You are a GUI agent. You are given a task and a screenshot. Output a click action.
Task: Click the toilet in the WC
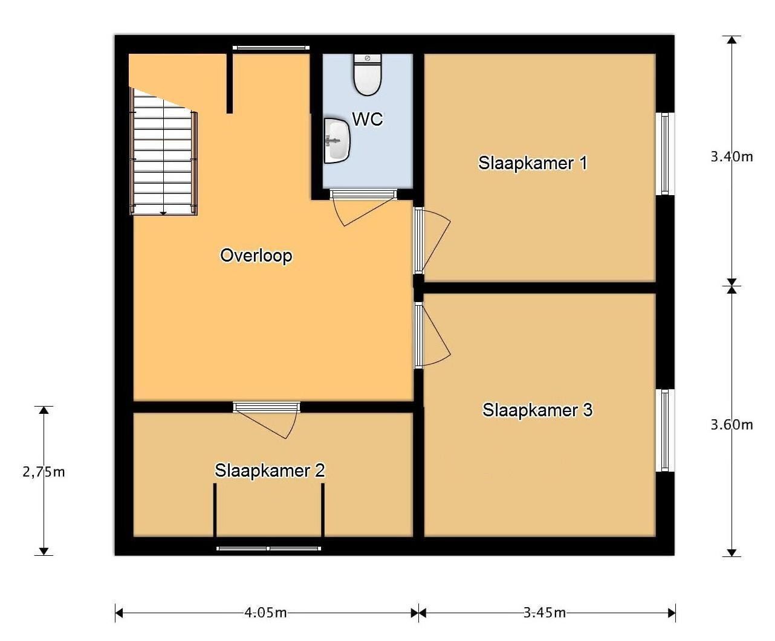[368, 74]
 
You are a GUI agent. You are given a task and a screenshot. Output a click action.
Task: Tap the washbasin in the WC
[337, 141]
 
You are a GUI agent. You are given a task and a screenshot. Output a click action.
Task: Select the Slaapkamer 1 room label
[533, 163]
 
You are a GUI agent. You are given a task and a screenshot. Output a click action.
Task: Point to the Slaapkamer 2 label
[270, 471]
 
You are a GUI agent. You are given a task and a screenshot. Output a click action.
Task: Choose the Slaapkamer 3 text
[537, 410]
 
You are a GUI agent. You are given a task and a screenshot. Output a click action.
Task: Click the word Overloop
[256, 256]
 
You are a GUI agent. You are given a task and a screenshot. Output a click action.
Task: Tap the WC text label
[368, 119]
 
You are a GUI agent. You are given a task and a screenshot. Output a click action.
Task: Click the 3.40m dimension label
[731, 157]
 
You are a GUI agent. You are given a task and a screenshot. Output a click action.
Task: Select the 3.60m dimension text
[731, 425]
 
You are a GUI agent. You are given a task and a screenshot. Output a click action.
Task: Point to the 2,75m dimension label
[44, 472]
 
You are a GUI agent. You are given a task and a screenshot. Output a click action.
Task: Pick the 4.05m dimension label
[265, 613]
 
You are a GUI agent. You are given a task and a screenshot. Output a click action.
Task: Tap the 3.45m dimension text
[545, 613]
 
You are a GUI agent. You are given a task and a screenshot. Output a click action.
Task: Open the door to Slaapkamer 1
[432, 240]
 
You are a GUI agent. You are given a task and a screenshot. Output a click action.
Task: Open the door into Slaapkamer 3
[432, 335]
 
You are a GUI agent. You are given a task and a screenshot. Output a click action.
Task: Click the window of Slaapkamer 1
[665, 153]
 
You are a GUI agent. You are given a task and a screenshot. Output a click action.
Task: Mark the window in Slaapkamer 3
[665, 431]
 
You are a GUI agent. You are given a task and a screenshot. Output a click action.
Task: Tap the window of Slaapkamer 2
[269, 548]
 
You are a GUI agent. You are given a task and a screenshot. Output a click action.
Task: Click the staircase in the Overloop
[163, 152]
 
